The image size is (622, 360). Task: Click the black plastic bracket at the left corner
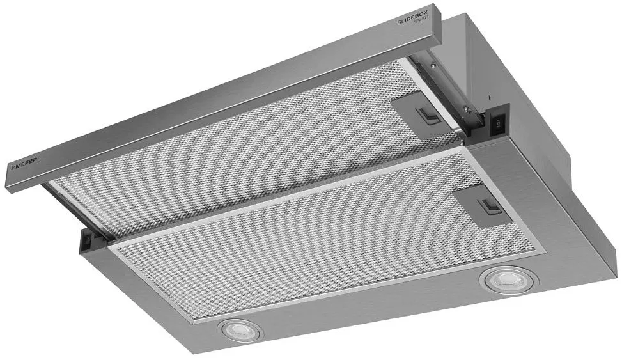[x=89, y=240]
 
